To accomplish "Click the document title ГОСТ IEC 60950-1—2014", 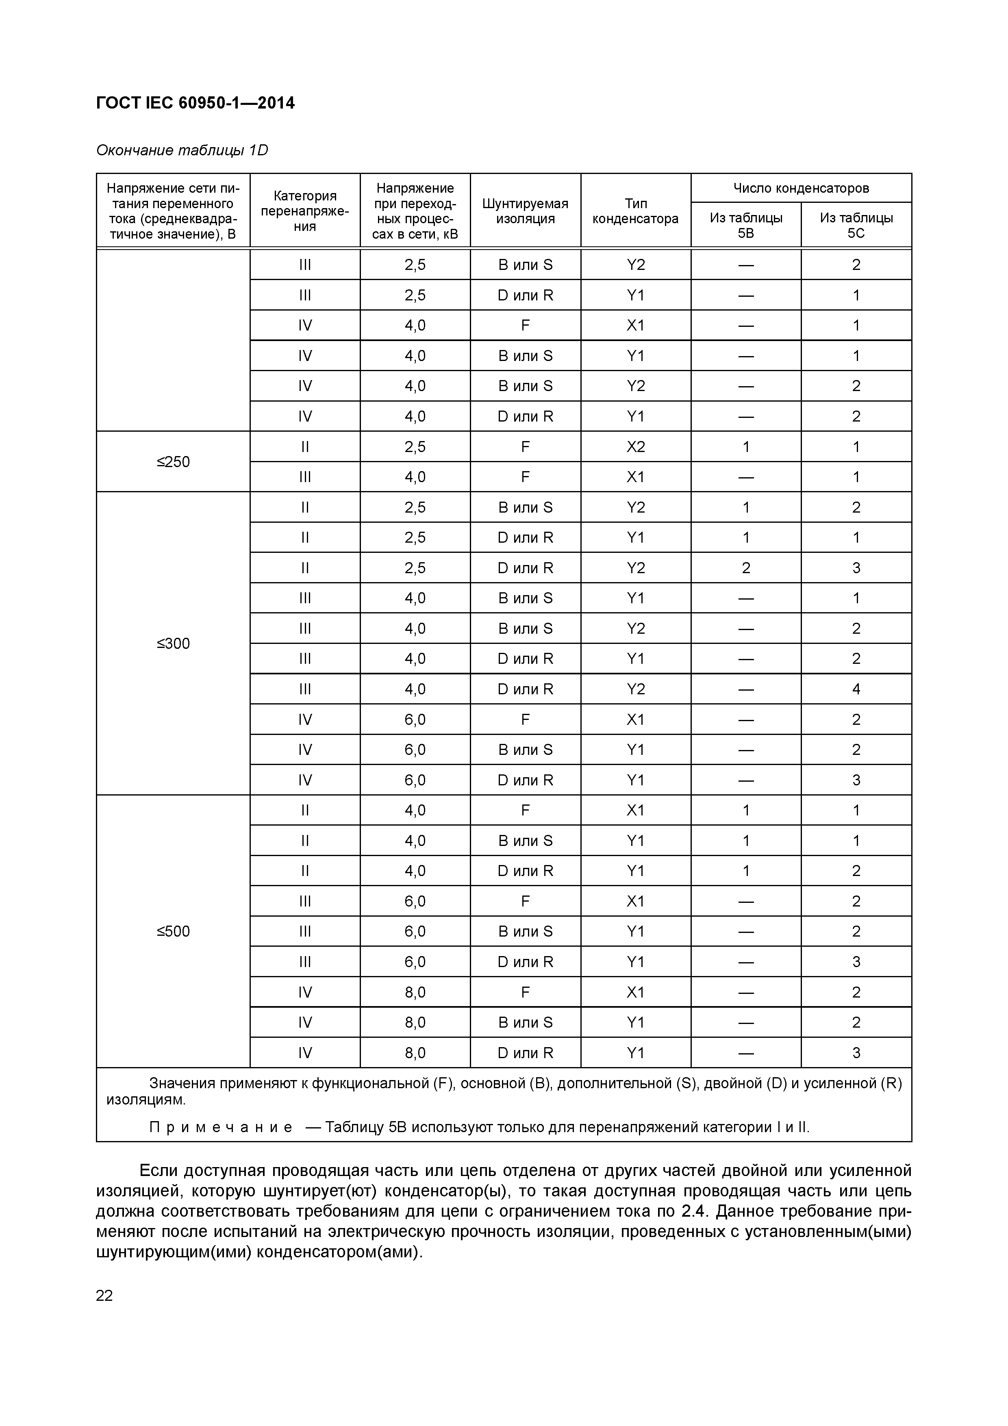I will coord(195,103).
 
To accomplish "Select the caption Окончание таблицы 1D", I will coord(182,150).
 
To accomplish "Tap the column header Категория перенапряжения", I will coord(304,211).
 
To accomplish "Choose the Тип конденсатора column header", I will coord(635,211).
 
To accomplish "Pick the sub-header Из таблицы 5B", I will coord(745,225).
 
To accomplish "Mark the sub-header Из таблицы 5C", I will coord(856,225).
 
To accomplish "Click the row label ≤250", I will coord(173,461).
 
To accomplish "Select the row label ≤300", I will coord(173,643).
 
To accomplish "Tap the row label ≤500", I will coord(173,931).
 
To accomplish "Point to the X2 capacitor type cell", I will coord(635,447).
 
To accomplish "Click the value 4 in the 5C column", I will coord(856,689).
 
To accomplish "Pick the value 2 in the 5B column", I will coord(745,567).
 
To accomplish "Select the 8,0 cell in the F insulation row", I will coord(415,992).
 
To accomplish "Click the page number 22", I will coord(104,1296).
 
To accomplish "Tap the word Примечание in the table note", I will coord(220,1127).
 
